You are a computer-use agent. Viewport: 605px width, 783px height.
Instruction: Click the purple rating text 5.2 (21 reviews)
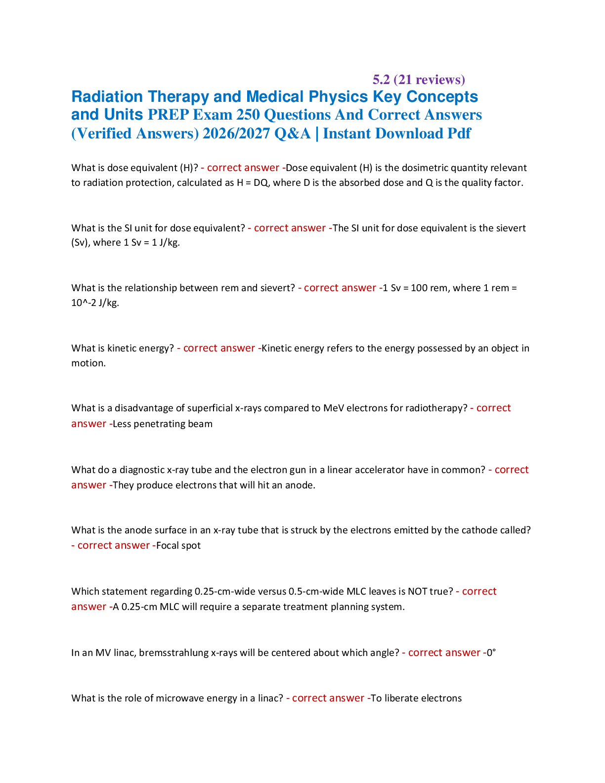[419, 80]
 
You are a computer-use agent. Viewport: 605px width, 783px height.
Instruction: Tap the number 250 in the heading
[248, 115]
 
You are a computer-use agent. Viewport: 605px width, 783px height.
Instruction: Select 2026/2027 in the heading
[236, 133]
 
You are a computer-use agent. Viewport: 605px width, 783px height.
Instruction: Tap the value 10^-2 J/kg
[95, 303]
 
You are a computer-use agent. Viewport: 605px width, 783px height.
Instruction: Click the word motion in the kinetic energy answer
[88, 363]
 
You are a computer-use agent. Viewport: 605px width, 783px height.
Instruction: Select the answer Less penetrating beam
[163, 424]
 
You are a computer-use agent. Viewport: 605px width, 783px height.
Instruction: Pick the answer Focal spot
[178, 546]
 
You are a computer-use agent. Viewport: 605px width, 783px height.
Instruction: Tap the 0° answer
[491, 652]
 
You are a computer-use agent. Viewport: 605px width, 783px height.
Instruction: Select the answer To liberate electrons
[416, 698]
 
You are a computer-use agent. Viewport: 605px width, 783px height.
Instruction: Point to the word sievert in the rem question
[276, 288]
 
